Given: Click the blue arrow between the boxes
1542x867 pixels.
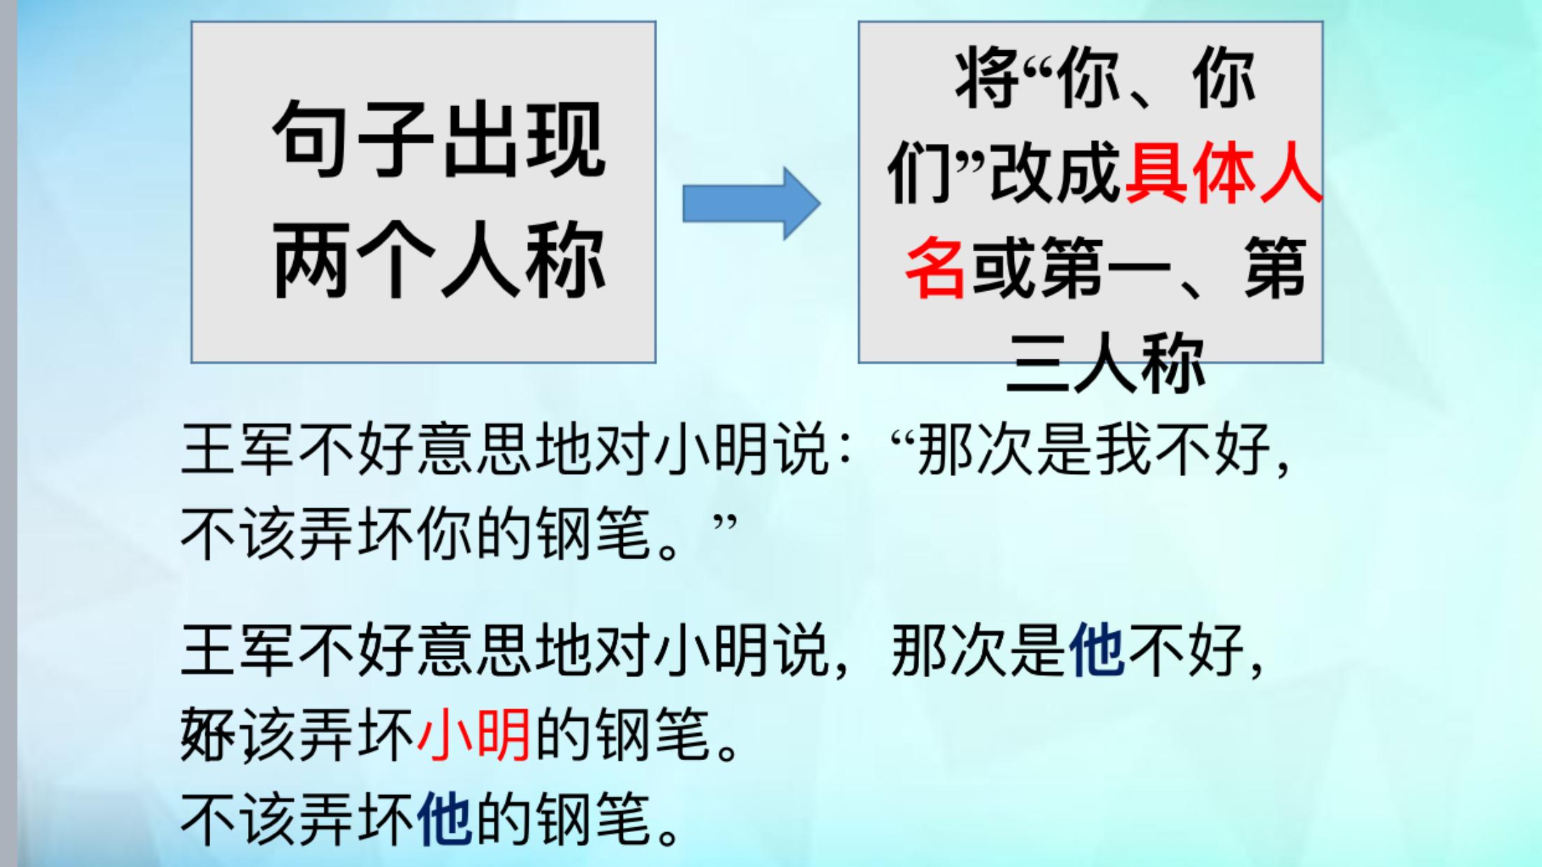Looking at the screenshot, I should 751,203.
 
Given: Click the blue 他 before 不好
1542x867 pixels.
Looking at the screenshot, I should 1097,651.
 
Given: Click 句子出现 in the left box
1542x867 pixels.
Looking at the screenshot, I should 439,139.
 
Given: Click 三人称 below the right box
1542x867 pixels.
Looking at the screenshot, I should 1106,363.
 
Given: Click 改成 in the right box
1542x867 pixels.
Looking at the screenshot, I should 1055,174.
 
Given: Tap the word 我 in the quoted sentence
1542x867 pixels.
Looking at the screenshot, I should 1124,450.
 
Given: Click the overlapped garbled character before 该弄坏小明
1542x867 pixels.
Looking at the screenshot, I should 208,734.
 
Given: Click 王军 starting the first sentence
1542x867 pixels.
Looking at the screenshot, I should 237,450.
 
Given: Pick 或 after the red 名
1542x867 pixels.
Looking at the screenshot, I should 1002,268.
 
